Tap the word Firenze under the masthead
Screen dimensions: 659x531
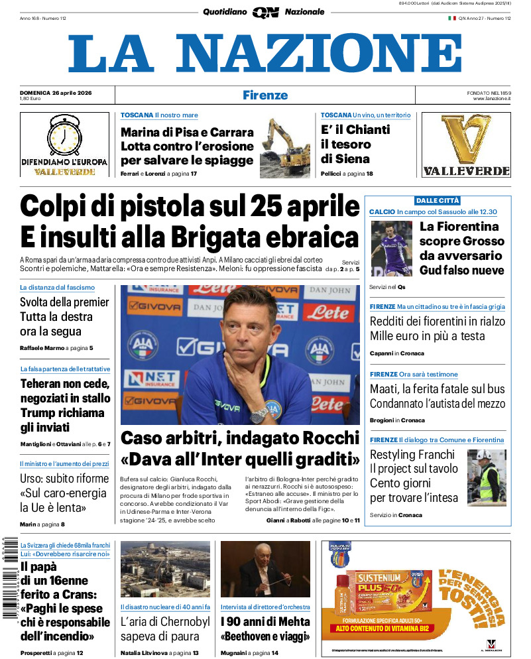pos(265,95)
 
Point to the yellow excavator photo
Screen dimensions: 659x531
pos(285,147)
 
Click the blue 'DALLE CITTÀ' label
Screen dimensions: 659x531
pos(437,200)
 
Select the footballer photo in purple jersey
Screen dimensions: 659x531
pos(392,248)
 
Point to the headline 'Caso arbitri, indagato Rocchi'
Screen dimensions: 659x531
pos(240,438)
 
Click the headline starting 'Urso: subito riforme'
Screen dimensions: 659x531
pos(64,493)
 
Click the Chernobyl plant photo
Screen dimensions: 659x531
pos(165,569)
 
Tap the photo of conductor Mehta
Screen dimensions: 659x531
pos(265,569)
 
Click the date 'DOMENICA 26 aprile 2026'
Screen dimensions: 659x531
pos(56,92)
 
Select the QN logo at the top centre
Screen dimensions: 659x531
pos(265,12)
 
